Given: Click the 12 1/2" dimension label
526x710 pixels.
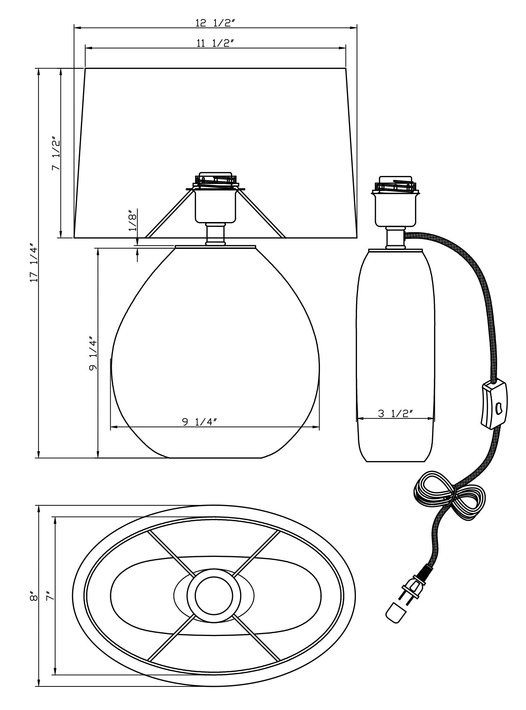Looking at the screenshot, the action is (215, 23).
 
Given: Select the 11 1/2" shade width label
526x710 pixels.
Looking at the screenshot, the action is (214, 43).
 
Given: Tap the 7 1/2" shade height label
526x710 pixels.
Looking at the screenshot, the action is (56, 153).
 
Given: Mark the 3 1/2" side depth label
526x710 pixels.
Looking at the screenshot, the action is (395, 413).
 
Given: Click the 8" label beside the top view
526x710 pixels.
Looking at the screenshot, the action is (34, 597).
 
